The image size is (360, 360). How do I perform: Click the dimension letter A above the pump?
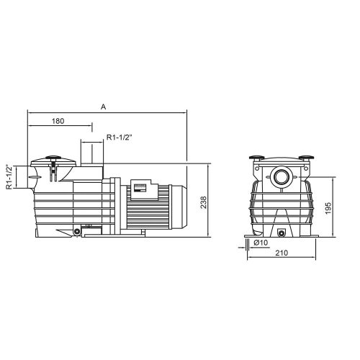(x=104, y=106)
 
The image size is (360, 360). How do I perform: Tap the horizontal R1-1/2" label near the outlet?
(x=120, y=137)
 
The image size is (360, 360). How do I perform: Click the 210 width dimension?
(x=283, y=254)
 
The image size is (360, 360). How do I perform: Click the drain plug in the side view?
(x=76, y=231)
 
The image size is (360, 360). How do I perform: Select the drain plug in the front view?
(x=282, y=232)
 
